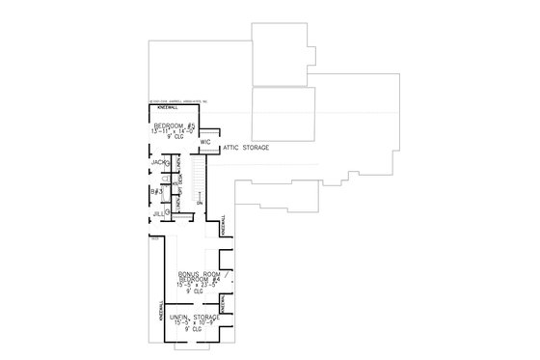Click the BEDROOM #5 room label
(x=172, y=127)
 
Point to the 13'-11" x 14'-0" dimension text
(x=172, y=134)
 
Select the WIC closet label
(x=205, y=142)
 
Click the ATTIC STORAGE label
(x=246, y=148)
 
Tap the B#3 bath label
(x=155, y=192)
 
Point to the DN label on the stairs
(x=198, y=202)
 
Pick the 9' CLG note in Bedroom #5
(x=172, y=141)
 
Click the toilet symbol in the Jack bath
(x=168, y=164)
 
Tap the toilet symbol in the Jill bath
(x=168, y=210)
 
